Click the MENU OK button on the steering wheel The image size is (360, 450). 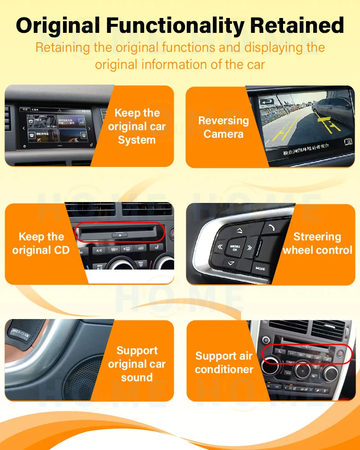point(235,248)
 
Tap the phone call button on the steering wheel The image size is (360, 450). point(270,228)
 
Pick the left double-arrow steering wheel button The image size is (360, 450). point(220,247)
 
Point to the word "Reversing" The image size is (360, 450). point(223,121)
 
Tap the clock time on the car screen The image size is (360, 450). point(86,111)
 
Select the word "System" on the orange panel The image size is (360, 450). point(137,140)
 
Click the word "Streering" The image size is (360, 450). point(317,237)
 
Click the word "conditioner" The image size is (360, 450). point(224,369)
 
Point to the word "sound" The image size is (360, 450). point(137,378)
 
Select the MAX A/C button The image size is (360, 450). point(100,267)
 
